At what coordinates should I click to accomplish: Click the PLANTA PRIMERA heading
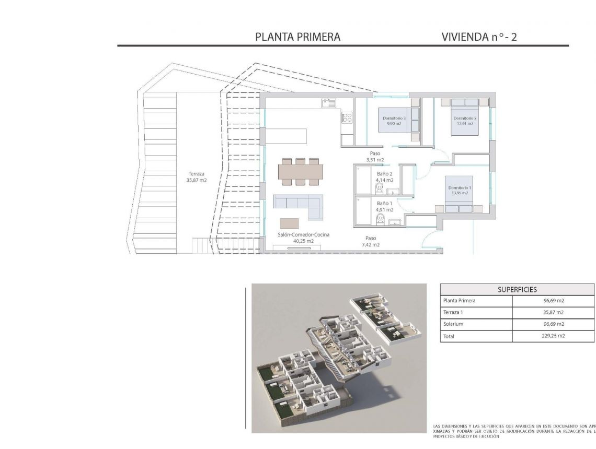[x=297, y=37]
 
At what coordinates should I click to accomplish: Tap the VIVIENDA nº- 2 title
[x=479, y=37]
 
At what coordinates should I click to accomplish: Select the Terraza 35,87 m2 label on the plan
[x=197, y=177]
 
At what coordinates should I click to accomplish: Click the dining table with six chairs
[x=300, y=172]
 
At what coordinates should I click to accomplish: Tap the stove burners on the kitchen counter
[x=347, y=119]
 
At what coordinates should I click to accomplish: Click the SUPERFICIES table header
[x=517, y=289]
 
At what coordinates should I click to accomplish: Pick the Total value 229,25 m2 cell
[x=553, y=336]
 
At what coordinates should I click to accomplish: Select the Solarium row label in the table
[x=453, y=324]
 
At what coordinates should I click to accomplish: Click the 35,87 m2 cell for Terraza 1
[x=553, y=312]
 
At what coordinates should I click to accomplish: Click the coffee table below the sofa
[x=291, y=223]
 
